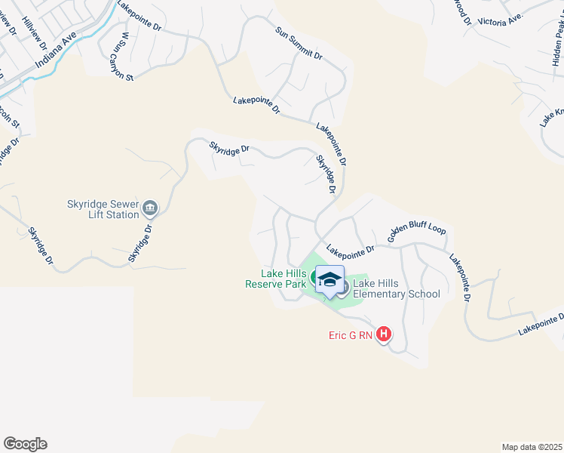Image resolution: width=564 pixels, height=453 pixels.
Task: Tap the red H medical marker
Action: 384,334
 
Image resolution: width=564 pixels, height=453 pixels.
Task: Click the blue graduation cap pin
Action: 330,280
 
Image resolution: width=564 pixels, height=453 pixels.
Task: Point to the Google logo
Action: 25,444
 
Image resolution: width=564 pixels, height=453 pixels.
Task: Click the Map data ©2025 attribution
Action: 532,446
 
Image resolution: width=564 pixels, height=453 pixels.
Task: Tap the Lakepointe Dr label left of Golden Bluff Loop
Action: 351,248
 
